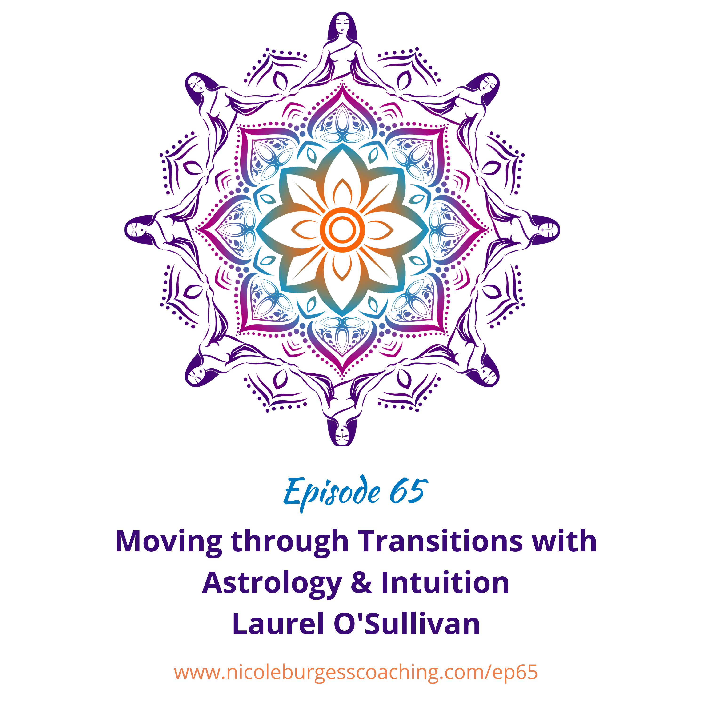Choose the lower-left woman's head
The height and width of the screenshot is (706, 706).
(x=198, y=374)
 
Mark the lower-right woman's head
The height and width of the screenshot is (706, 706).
(x=486, y=374)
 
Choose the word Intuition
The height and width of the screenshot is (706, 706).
(x=445, y=583)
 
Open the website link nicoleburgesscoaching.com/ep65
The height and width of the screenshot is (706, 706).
(x=356, y=672)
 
